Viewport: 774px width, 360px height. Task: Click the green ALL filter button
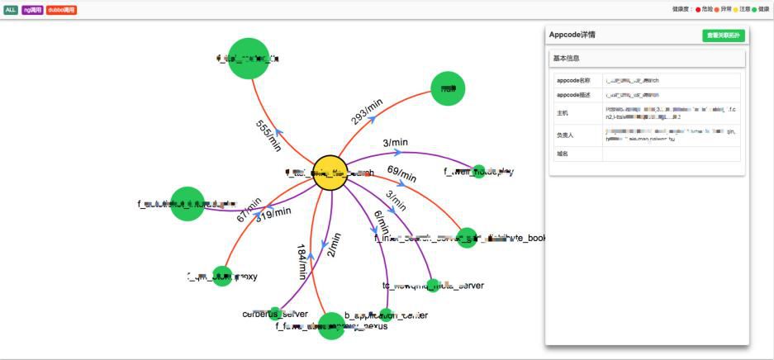point(11,10)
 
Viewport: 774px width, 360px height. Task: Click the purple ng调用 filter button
point(32,10)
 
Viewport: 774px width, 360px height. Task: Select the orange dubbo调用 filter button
point(61,10)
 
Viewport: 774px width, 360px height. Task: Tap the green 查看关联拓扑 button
point(723,36)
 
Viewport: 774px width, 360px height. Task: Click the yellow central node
point(330,173)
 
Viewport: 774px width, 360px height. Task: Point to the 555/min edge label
point(268,133)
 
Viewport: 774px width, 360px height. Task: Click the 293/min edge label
point(367,111)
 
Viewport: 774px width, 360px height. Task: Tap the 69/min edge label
point(402,174)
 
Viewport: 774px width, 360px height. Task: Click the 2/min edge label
point(334,245)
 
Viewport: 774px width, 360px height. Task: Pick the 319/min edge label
point(273,214)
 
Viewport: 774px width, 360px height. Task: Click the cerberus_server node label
point(274,315)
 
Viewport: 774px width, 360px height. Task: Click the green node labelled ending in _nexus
point(331,325)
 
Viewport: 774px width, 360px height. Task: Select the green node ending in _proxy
point(221,277)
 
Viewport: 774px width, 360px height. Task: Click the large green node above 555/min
point(248,58)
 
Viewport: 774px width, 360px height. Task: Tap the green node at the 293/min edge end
point(449,88)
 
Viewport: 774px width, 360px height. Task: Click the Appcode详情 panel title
point(572,36)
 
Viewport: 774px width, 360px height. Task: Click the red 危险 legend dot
point(698,9)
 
